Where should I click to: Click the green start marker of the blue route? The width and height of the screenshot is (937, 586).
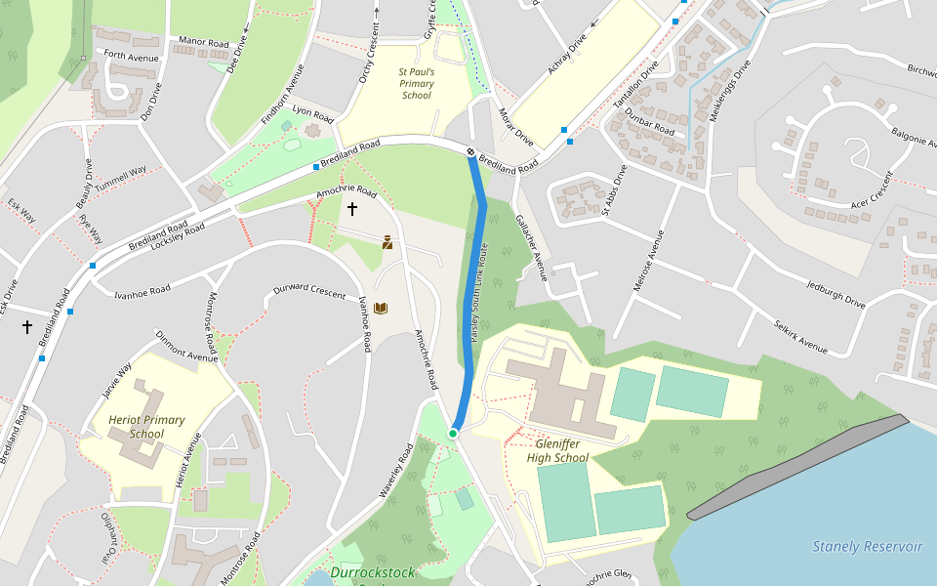click(453, 433)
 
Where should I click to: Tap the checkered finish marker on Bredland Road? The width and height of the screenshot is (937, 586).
click(470, 151)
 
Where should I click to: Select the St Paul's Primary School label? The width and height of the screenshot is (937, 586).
click(417, 83)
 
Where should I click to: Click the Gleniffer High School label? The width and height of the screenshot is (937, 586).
click(557, 450)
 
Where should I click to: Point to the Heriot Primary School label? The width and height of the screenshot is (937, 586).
click(146, 427)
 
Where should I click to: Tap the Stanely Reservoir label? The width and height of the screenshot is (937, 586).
click(867, 546)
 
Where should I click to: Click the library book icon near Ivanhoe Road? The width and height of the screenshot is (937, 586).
click(381, 309)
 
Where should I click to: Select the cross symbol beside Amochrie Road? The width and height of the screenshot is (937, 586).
click(352, 209)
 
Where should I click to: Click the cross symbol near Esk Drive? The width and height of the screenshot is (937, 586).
click(27, 327)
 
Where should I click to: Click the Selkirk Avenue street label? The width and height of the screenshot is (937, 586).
click(799, 336)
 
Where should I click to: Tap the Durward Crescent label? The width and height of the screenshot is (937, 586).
click(309, 290)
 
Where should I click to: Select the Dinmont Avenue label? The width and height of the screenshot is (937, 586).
click(186, 346)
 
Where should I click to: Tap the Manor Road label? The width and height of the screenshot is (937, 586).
click(203, 44)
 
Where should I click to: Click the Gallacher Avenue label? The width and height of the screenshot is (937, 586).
click(532, 248)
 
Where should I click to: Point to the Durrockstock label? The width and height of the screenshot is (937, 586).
click(372, 572)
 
